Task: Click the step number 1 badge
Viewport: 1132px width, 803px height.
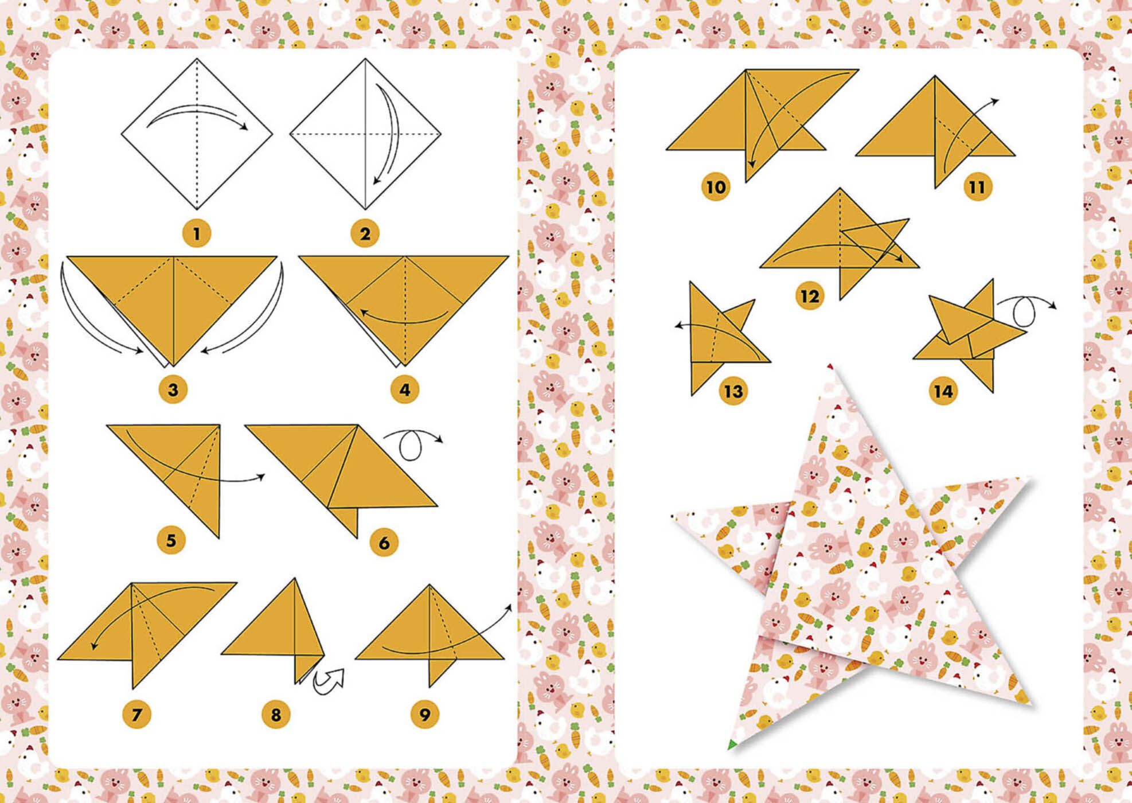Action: click(x=197, y=233)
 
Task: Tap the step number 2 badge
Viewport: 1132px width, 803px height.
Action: click(x=365, y=233)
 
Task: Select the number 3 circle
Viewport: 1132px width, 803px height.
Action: click(x=173, y=390)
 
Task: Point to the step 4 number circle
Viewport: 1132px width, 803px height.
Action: click(x=404, y=390)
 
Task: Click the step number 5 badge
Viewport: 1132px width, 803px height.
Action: click(x=171, y=540)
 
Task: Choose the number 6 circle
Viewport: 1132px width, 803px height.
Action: click(x=384, y=543)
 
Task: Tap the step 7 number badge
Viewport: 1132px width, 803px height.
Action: click(x=136, y=715)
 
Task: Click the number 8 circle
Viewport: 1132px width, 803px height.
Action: click(x=276, y=715)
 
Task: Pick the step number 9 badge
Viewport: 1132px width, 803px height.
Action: click(x=425, y=715)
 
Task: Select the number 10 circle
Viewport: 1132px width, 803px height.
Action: click(x=716, y=187)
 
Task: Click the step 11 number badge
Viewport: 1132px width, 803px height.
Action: click(x=978, y=187)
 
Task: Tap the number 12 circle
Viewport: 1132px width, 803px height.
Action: click(x=810, y=296)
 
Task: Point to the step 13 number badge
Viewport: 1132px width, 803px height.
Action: click(x=733, y=391)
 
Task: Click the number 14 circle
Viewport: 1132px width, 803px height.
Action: click(x=943, y=391)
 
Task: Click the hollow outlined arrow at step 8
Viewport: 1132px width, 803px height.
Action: click(x=330, y=681)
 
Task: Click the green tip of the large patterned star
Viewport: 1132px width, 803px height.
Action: click(x=732, y=745)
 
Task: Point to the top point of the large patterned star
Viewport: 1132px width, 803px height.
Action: click(x=830, y=369)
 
